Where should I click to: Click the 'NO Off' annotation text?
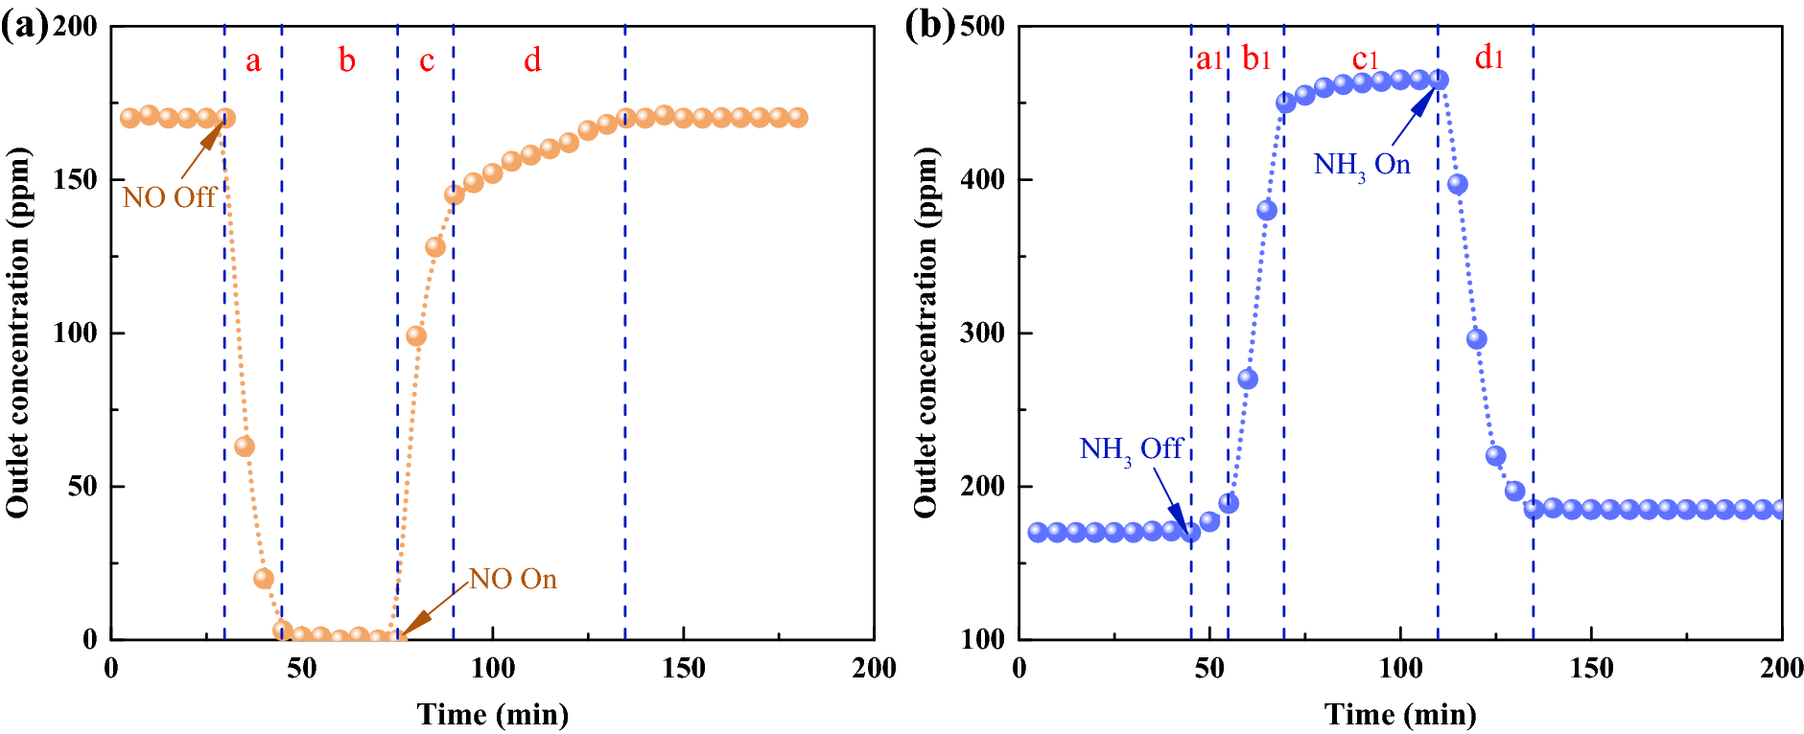tap(169, 197)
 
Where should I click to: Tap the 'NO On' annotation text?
tap(512, 579)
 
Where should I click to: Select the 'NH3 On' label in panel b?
tap(1361, 165)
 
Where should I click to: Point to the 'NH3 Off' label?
tap(1131, 448)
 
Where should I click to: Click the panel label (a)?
tap(24, 26)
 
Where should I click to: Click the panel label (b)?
tap(929, 26)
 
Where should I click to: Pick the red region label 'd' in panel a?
tap(532, 60)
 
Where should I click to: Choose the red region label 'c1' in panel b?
tap(1365, 59)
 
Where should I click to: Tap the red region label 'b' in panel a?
tap(347, 60)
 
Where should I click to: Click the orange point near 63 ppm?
tap(245, 447)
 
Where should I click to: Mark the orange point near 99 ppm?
tap(416, 336)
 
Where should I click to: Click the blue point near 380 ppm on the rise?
tap(1267, 210)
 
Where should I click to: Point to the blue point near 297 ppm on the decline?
tap(1477, 339)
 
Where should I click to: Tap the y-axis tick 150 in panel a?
tap(75, 179)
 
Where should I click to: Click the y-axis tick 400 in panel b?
tap(983, 179)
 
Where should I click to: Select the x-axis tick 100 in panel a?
tap(492, 668)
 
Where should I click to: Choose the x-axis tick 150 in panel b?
tap(1591, 668)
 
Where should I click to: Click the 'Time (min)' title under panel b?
tap(1400, 714)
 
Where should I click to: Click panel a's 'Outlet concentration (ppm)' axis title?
tap(17, 333)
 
